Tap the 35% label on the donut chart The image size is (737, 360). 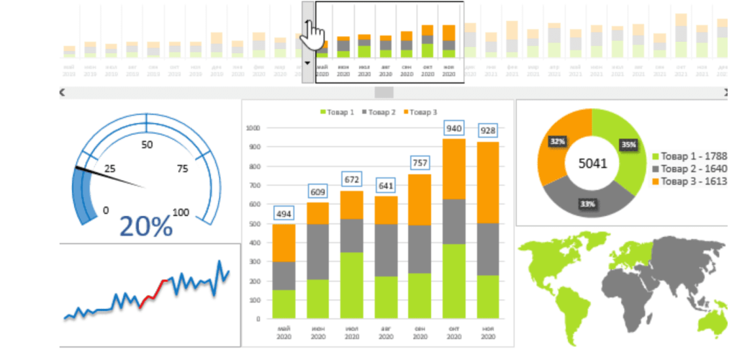coord(629,145)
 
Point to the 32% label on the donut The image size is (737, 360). coord(556,142)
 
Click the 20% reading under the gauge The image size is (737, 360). coord(145,226)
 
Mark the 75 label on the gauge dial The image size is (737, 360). coord(183,168)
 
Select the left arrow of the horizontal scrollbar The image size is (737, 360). coord(63,92)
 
